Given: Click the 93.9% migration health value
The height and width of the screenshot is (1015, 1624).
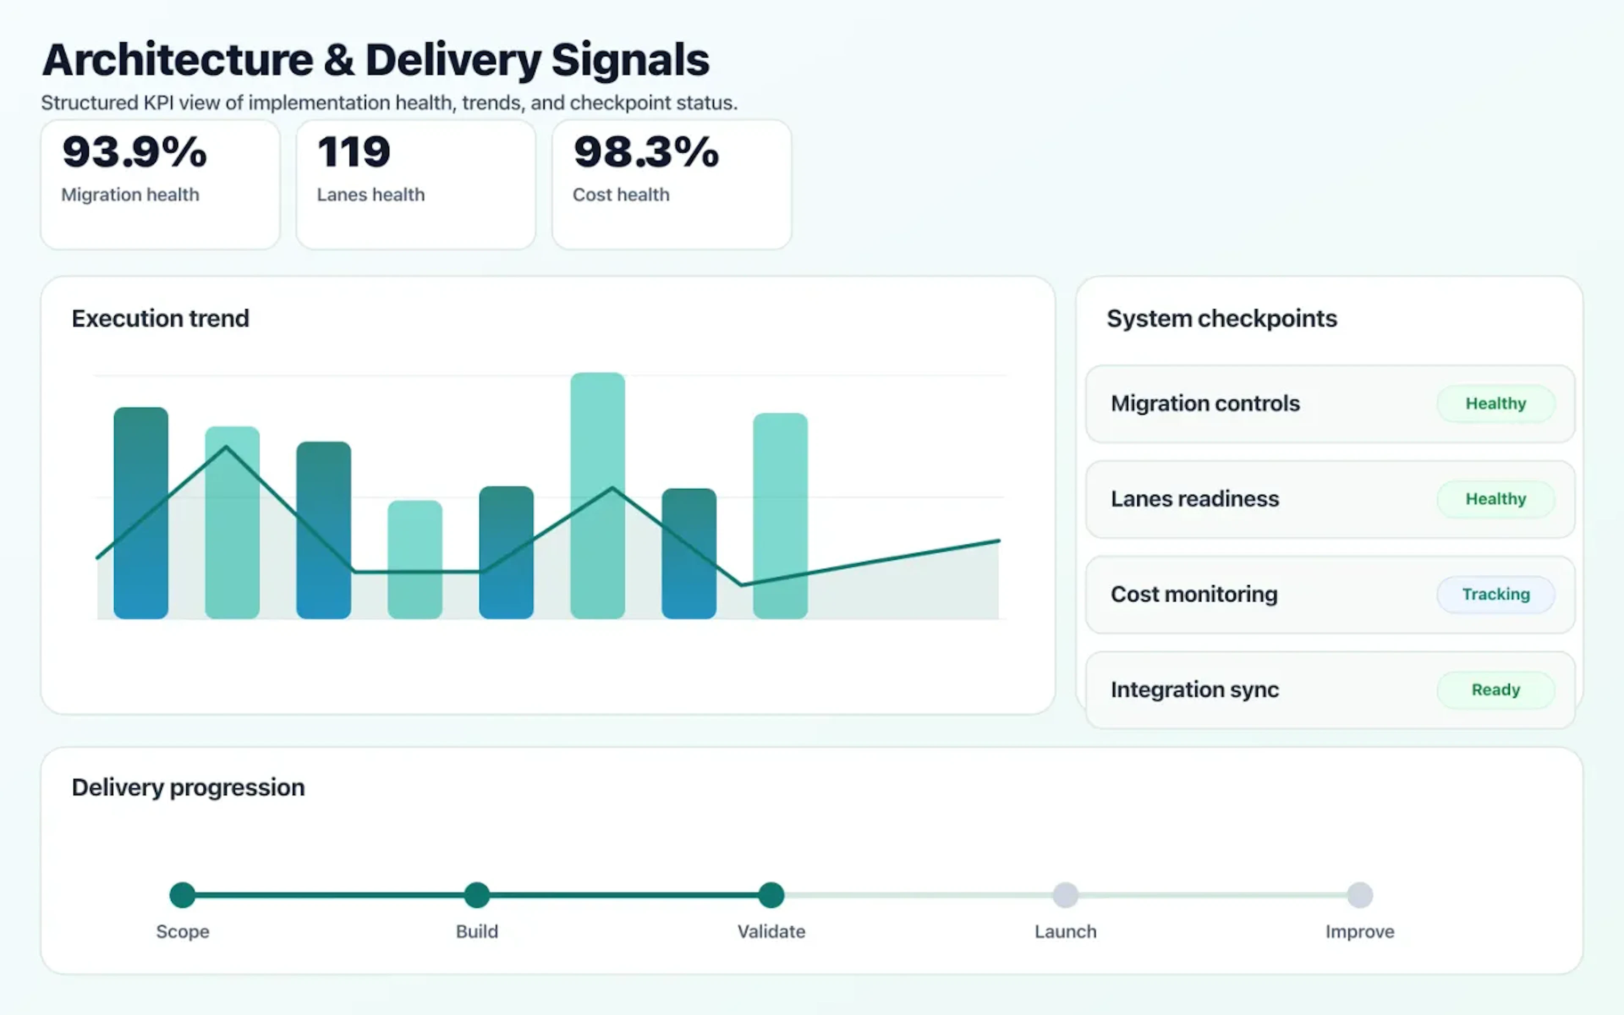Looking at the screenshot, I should pos(134,152).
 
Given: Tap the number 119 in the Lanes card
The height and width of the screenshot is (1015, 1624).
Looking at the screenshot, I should pos(354,152).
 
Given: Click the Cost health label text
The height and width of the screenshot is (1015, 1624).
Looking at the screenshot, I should pos(621,195).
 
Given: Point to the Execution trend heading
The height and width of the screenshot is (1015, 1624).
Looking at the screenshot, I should pos(160,318).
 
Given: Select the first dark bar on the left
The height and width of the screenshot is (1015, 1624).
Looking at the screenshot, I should pos(141,513).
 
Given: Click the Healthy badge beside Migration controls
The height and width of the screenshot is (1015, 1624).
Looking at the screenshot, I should pos(1495,403).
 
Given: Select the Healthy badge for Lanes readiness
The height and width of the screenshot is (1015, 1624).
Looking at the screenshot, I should pos(1495,499).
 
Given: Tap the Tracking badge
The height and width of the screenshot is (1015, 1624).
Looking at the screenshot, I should pos(1495,594).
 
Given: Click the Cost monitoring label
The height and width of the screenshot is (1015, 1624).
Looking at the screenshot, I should pos(1194,594).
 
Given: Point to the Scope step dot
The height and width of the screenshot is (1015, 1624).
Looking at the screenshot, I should pos(183,895).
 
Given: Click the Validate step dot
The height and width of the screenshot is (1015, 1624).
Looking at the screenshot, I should pos(771,895).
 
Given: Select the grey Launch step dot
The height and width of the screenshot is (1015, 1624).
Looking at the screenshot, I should pos(1065,895).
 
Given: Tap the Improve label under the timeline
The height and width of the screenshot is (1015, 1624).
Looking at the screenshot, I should pos(1360,932).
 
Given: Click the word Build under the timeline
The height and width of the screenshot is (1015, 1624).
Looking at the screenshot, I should pos(477,932).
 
